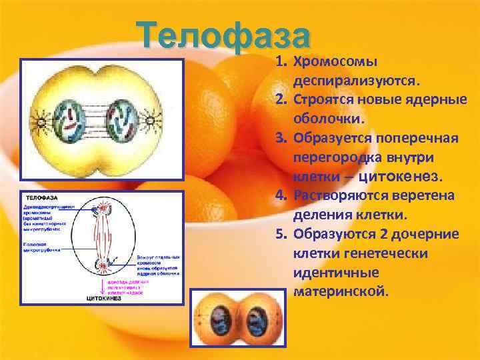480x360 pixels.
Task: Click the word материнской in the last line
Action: coord(339,291)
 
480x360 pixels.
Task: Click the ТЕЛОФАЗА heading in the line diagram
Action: coord(41,198)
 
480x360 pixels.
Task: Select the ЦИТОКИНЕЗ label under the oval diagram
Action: coord(104,299)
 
